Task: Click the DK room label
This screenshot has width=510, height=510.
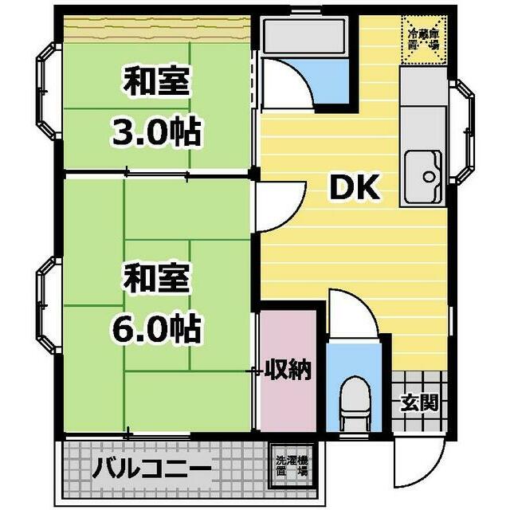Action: [354, 188]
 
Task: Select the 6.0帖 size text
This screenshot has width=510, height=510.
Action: [155, 326]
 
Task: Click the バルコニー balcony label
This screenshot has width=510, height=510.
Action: [151, 468]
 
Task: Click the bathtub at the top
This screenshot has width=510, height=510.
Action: [302, 36]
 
